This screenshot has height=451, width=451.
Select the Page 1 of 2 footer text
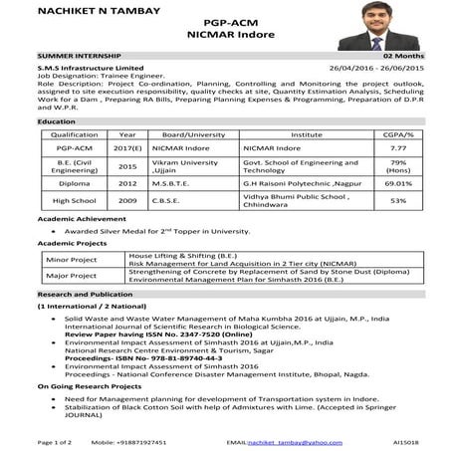coord(55,440)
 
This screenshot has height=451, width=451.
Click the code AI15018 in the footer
coord(405,440)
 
